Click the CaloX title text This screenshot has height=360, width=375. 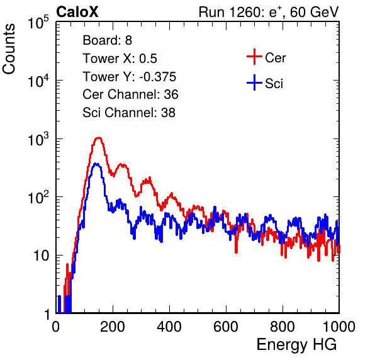[x=77, y=12]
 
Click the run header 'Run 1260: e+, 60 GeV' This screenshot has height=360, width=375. [x=269, y=12]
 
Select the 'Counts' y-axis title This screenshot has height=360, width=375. [x=9, y=49]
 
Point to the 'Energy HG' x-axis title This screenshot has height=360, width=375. [x=296, y=345]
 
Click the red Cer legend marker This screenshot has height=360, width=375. [x=254, y=57]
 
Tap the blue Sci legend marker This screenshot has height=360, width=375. [x=254, y=82]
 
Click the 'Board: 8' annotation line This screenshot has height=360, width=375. [x=108, y=40]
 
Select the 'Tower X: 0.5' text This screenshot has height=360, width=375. [x=120, y=59]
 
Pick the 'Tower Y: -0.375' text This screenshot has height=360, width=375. [x=130, y=77]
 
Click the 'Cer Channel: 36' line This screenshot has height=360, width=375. [x=130, y=94]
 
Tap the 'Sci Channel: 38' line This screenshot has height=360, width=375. [x=129, y=113]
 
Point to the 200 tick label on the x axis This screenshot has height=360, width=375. [x=113, y=327]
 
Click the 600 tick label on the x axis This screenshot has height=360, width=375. [x=226, y=327]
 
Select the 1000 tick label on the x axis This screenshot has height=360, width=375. [x=339, y=327]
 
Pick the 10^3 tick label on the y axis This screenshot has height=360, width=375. [x=38, y=139]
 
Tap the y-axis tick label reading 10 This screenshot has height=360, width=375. [x=42, y=256]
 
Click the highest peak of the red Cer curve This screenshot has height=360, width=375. [x=99, y=138]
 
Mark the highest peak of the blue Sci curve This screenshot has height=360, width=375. [x=96, y=164]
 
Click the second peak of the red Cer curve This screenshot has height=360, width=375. [x=123, y=164]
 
